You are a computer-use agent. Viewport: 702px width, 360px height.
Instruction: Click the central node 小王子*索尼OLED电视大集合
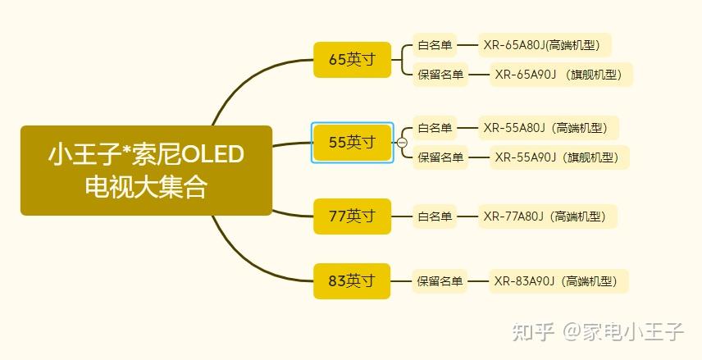pos(146,171)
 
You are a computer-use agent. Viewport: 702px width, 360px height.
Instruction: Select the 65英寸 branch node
pos(352,60)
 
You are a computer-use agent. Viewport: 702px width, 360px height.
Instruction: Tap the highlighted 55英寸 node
pos(352,143)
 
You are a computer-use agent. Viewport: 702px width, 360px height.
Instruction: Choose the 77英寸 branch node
pos(352,216)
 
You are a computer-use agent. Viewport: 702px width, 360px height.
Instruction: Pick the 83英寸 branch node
pos(352,281)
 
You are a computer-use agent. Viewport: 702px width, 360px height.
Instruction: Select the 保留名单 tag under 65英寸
pos(440,75)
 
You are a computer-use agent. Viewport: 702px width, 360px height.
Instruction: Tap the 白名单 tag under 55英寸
pos(435,128)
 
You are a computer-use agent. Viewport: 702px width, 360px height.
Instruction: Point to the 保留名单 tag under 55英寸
pos(440,157)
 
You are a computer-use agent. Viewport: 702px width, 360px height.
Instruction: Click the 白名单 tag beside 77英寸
pos(435,216)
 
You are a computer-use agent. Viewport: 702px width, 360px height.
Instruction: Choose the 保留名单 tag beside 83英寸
pos(440,281)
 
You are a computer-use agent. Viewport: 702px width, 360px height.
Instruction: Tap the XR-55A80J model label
pos(549,128)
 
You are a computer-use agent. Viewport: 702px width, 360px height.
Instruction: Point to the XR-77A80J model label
pos(548,216)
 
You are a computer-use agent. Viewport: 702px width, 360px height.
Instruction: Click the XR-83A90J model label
pos(558,281)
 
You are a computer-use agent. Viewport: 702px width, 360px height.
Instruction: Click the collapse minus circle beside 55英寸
pos(402,143)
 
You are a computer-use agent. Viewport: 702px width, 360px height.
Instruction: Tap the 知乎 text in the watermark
pos(531,331)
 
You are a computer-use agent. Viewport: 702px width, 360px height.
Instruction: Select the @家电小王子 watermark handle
pos(622,331)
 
